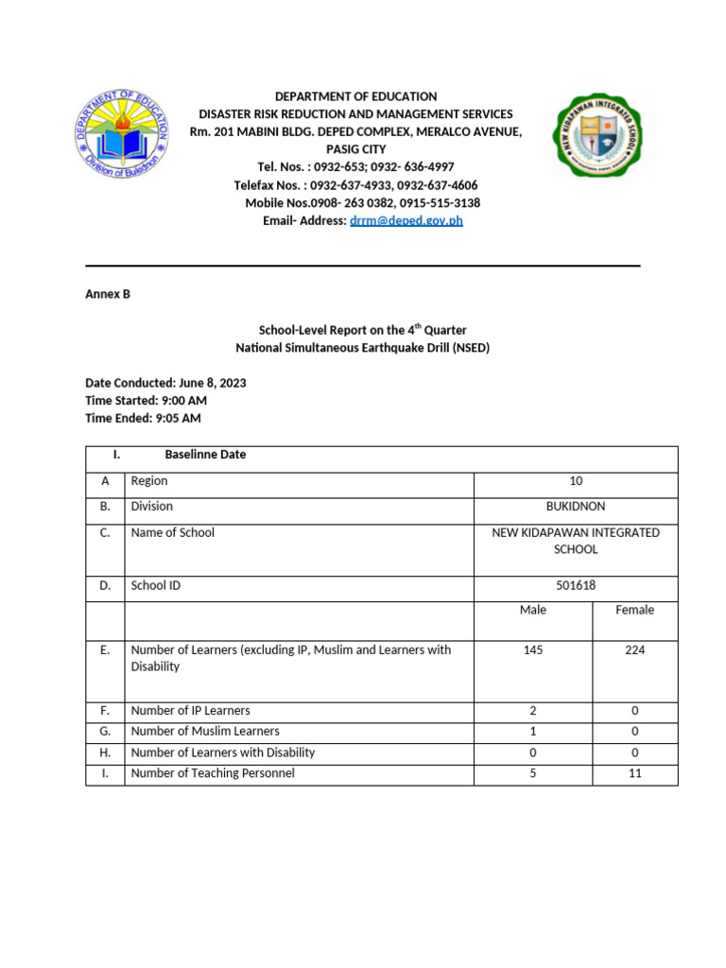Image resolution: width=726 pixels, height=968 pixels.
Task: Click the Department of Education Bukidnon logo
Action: click(121, 136)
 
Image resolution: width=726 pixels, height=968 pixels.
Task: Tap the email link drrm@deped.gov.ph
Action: click(406, 220)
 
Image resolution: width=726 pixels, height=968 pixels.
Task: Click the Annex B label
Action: click(108, 294)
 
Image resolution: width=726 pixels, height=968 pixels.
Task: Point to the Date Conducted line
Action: click(165, 383)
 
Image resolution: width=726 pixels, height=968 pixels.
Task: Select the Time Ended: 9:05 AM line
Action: click(143, 418)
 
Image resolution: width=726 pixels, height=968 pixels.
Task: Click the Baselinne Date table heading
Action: click(205, 455)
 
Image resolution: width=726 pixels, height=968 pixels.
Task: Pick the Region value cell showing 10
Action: click(576, 481)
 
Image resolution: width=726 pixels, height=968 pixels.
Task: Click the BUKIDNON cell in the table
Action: click(576, 507)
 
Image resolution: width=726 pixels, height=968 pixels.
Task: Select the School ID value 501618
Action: click(576, 586)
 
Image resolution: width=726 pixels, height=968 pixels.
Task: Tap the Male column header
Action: click(533, 611)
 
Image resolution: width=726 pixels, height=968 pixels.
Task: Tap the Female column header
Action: click(634, 611)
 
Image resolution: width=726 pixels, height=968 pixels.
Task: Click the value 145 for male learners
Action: click(533, 650)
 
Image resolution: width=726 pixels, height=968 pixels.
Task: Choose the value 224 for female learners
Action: click(634, 650)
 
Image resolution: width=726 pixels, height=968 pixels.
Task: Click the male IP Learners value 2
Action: click(533, 711)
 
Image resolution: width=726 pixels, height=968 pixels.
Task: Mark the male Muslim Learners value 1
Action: click(533, 732)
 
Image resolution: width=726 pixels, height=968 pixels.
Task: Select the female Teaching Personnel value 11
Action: click(634, 773)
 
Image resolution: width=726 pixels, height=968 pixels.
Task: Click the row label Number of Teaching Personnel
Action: click(213, 773)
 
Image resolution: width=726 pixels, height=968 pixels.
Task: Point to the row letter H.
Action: click(105, 752)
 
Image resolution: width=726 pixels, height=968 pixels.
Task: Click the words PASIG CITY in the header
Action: click(355, 149)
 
